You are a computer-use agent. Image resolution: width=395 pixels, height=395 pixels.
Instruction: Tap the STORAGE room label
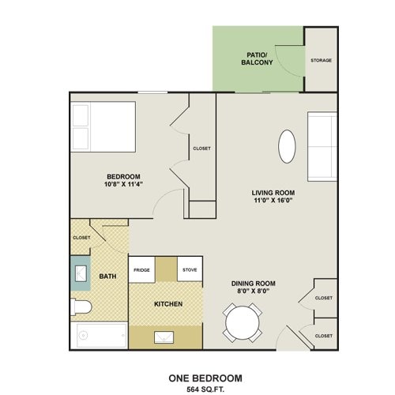click(x=321, y=60)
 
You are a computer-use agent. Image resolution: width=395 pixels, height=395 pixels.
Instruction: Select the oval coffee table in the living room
click(x=288, y=145)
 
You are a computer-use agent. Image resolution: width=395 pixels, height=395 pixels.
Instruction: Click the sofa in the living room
click(x=322, y=147)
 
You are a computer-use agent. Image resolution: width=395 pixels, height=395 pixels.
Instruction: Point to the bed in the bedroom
click(x=102, y=127)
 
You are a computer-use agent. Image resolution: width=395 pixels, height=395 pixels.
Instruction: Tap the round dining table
click(x=243, y=323)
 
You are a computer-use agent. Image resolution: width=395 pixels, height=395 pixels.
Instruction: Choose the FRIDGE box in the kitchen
click(x=141, y=269)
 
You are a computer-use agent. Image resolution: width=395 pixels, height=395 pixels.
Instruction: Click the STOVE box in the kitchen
click(x=190, y=269)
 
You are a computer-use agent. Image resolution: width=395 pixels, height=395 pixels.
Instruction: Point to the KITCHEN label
click(x=168, y=304)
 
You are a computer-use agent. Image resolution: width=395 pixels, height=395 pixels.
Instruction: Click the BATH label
click(x=107, y=276)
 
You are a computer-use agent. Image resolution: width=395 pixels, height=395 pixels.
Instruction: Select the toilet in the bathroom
click(x=83, y=306)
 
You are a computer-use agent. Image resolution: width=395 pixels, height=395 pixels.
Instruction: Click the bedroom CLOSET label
click(x=201, y=148)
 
